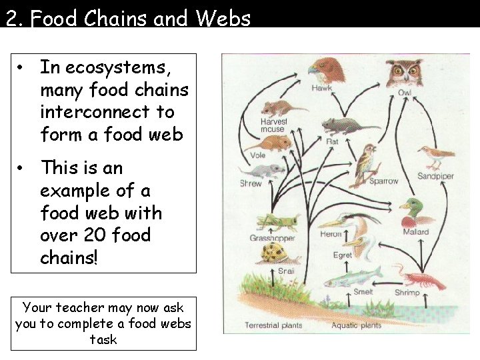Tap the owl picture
[405, 71]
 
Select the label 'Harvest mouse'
[274, 125]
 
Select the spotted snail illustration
[274, 253]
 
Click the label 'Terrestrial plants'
[273, 325]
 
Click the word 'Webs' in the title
[223, 18]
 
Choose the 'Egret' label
[342, 255]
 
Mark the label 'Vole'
[257, 155]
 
